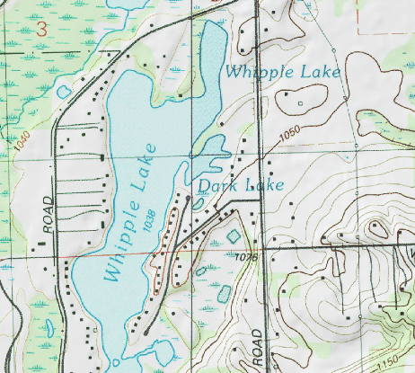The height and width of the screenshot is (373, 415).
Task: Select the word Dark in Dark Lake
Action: coord(216,186)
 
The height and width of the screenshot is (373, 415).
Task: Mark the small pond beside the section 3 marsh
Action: coord(63,90)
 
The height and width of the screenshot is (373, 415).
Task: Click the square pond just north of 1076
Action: coord(234,236)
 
